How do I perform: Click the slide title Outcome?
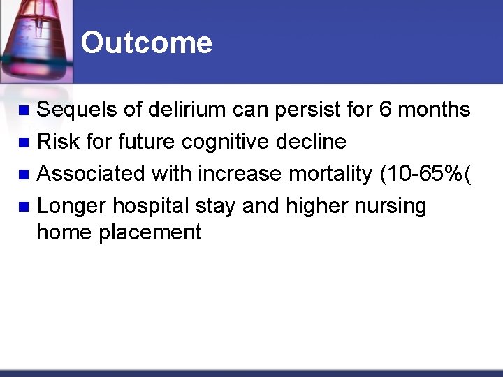146,43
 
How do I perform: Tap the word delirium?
185,110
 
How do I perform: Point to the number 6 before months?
386,110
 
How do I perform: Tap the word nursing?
393,206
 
